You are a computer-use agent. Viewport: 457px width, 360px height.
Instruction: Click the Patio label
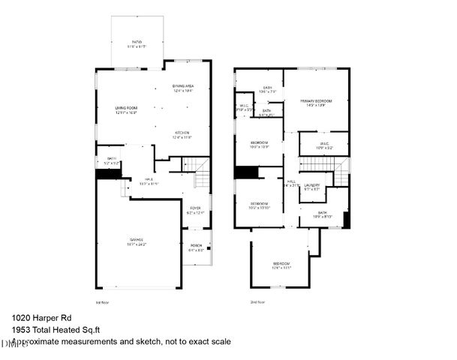pos(137,42)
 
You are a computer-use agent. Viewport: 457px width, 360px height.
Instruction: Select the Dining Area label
pos(183,86)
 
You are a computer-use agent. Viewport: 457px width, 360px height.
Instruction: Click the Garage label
pos(136,241)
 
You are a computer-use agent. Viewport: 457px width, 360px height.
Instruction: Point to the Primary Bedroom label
pos(316,100)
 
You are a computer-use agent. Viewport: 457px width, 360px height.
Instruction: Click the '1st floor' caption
pos(103,301)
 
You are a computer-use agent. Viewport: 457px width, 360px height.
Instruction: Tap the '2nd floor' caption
pos(257,301)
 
